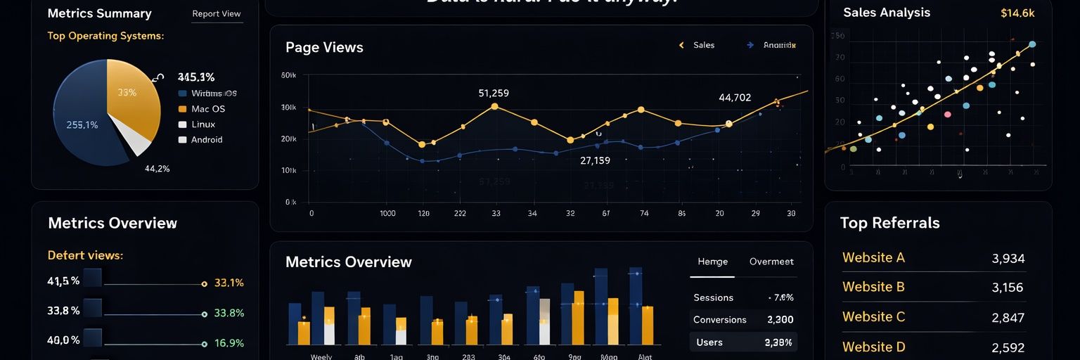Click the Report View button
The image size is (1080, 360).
coord(217,14)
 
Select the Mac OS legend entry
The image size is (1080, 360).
coord(207,109)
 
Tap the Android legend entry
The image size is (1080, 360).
coord(206,140)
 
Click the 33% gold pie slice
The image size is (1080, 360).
coord(130,95)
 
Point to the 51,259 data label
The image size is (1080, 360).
coord(493,93)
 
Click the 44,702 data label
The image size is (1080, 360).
coord(735,98)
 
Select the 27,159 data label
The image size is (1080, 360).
coord(595,160)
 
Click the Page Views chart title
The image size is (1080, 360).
coord(324,47)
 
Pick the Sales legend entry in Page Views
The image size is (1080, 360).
coord(703,45)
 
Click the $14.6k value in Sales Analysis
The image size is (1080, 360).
coord(1017,13)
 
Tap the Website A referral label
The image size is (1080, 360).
coord(873,257)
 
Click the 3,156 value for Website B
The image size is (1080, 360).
coord(1008,288)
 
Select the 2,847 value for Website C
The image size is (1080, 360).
coord(1008,318)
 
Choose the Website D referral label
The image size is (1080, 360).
coord(873,347)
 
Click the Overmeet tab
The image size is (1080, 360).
coord(771,262)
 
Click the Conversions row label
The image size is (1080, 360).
coord(719,319)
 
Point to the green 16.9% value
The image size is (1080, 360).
coord(229,343)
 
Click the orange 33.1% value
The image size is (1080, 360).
coord(229,283)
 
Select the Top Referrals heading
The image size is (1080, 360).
coord(889,223)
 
